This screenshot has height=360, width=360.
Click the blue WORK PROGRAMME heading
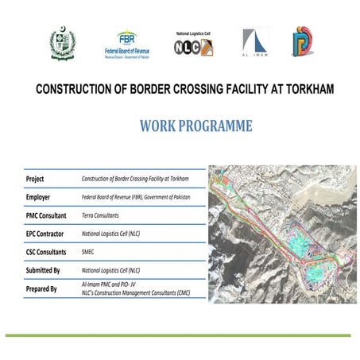point(195,126)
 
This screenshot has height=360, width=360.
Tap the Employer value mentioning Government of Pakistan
point(139,198)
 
